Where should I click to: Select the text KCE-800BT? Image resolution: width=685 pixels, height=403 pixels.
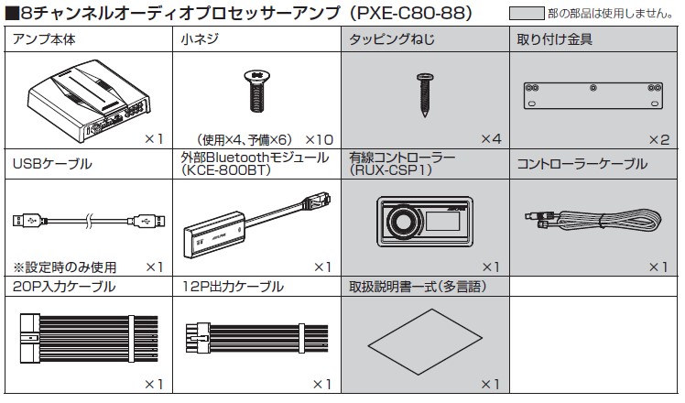point(223,170)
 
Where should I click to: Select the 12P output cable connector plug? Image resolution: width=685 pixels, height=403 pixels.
point(200,332)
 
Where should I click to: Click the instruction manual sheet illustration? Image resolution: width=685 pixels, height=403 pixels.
point(420,339)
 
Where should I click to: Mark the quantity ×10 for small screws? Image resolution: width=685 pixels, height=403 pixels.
point(316,138)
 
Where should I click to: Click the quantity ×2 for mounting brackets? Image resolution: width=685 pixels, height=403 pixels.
point(659,138)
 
